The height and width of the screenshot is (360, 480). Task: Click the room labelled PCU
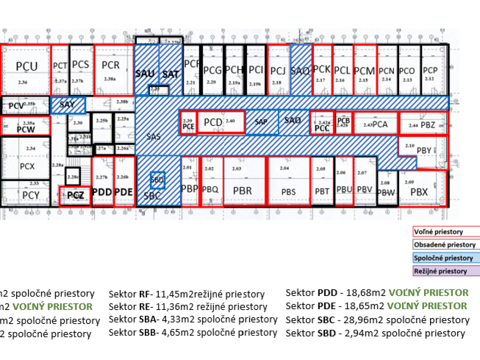(27, 66)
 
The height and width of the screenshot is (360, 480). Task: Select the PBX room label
(419, 192)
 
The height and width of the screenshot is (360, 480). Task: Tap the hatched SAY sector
(67, 105)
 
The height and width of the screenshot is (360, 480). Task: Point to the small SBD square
(157, 180)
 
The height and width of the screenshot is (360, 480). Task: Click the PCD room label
(213, 122)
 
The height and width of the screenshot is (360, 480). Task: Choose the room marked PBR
(243, 190)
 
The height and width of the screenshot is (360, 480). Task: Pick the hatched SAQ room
(300, 71)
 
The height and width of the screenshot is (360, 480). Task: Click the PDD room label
(102, 192)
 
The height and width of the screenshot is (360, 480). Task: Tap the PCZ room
(75, 196)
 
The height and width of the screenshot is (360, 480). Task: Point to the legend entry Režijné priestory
(440, 271)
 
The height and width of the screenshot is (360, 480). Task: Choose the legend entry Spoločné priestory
(443, 258)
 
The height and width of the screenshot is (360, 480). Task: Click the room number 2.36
(23, 82)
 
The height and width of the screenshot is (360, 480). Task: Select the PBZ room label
(428, 125)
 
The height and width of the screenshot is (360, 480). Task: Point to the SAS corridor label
(153, 137)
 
